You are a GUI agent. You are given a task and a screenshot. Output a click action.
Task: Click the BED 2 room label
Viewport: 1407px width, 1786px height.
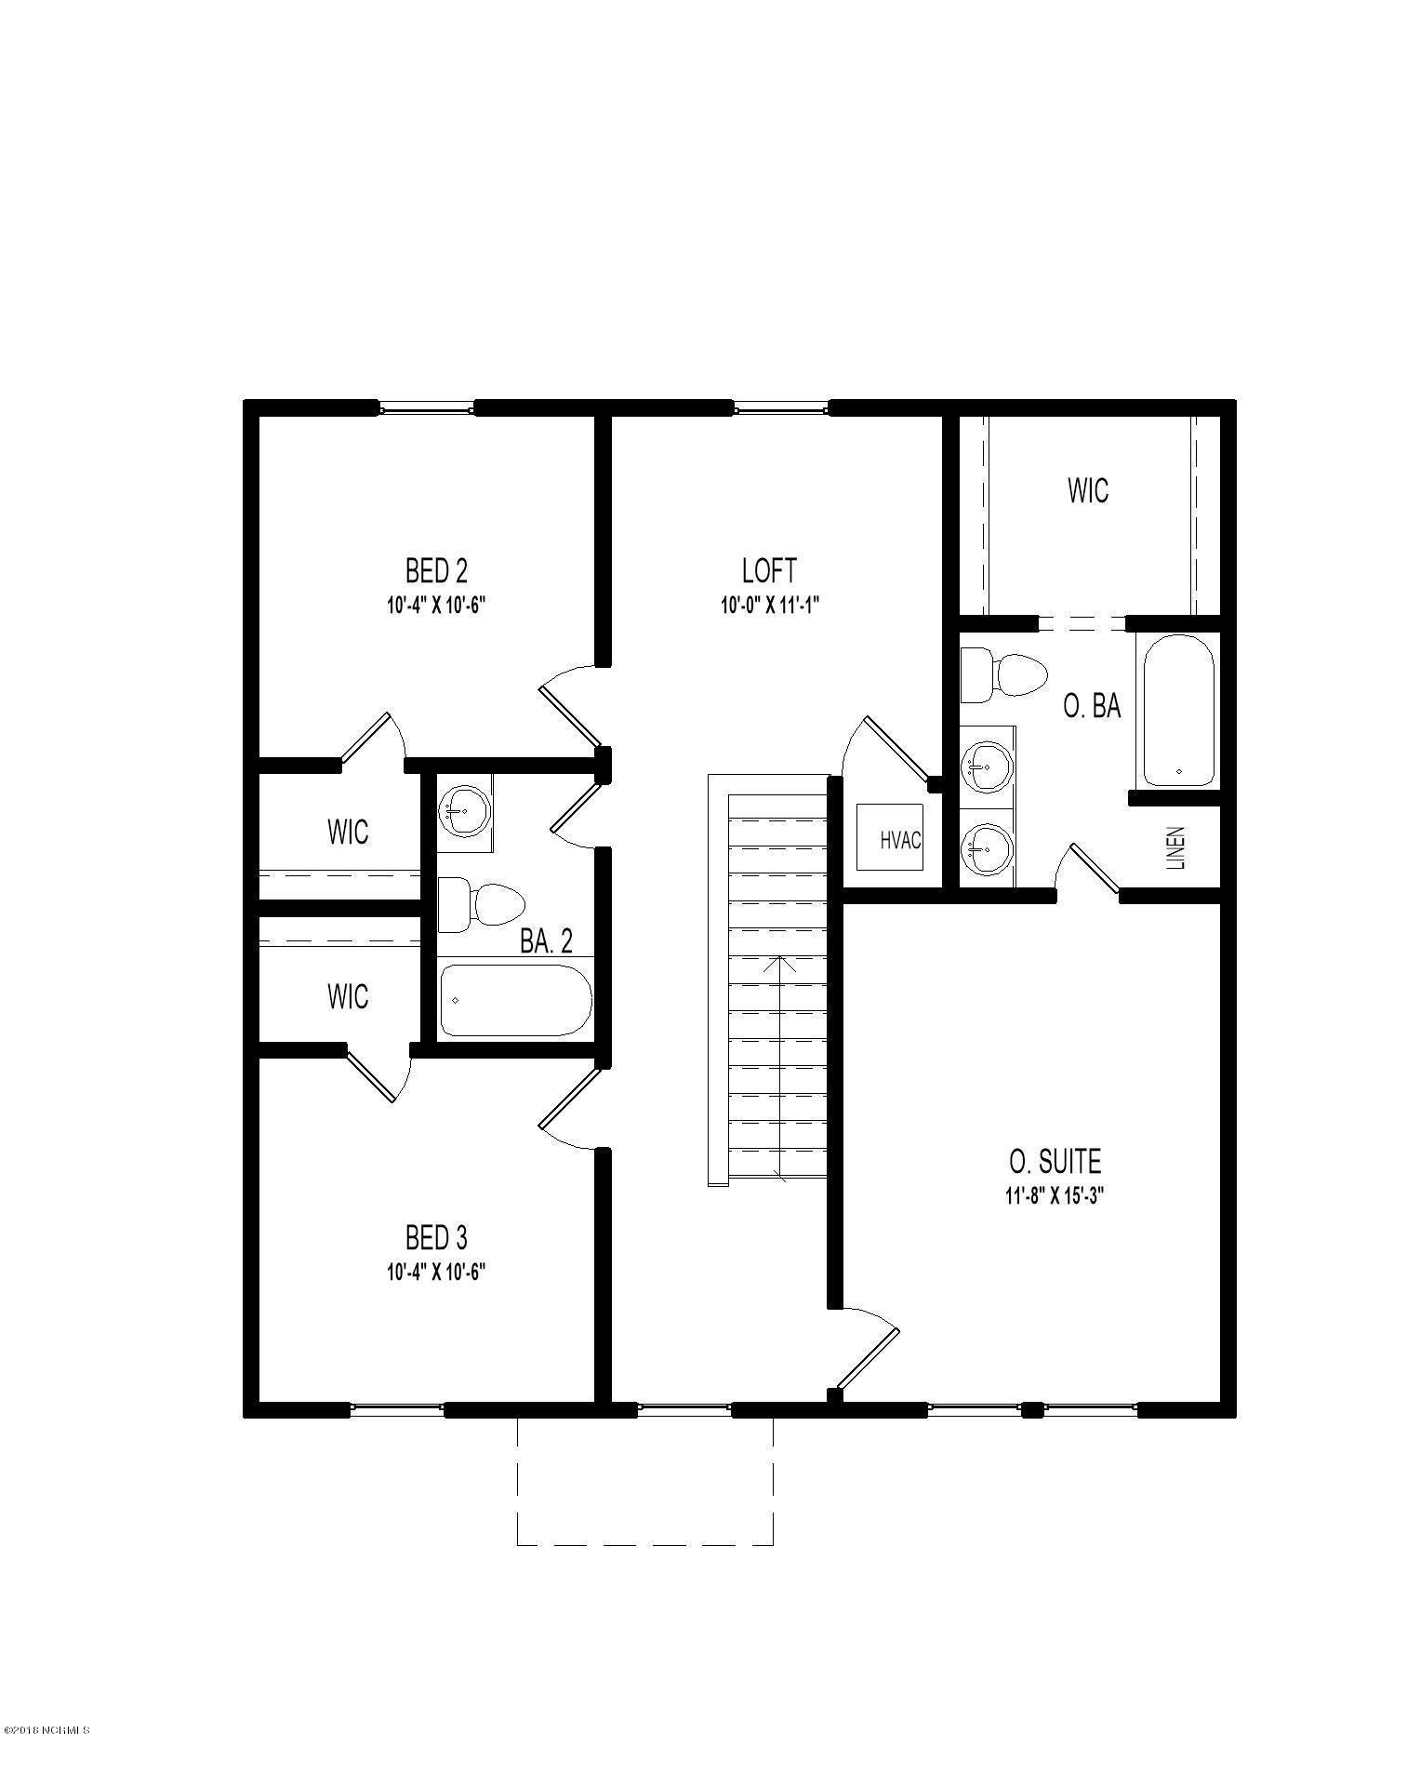point(436,569)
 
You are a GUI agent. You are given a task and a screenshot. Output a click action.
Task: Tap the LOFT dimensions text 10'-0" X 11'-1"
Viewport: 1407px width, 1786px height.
point(768,606)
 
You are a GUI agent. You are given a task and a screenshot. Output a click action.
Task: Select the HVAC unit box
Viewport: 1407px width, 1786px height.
point(889,837)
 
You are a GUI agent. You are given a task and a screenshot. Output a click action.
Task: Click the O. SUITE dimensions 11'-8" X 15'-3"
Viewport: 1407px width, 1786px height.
point(1054,1196)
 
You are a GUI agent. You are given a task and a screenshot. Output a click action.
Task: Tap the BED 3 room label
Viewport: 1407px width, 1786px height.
point(436,1237)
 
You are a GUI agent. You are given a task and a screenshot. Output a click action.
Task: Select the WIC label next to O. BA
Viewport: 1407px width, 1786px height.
point(1087,490)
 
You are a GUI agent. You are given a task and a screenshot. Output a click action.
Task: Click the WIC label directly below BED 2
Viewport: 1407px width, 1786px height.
point(347,831)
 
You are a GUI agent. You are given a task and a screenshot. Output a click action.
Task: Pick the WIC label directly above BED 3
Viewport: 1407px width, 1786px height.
point(347,996)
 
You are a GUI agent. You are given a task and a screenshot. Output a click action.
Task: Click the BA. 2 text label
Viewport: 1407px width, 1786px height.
point(546,942)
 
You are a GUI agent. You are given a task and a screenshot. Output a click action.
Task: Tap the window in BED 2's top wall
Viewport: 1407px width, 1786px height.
point(427,407)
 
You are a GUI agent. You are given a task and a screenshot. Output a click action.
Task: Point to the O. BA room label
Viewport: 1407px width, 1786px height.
point(1092,707)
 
